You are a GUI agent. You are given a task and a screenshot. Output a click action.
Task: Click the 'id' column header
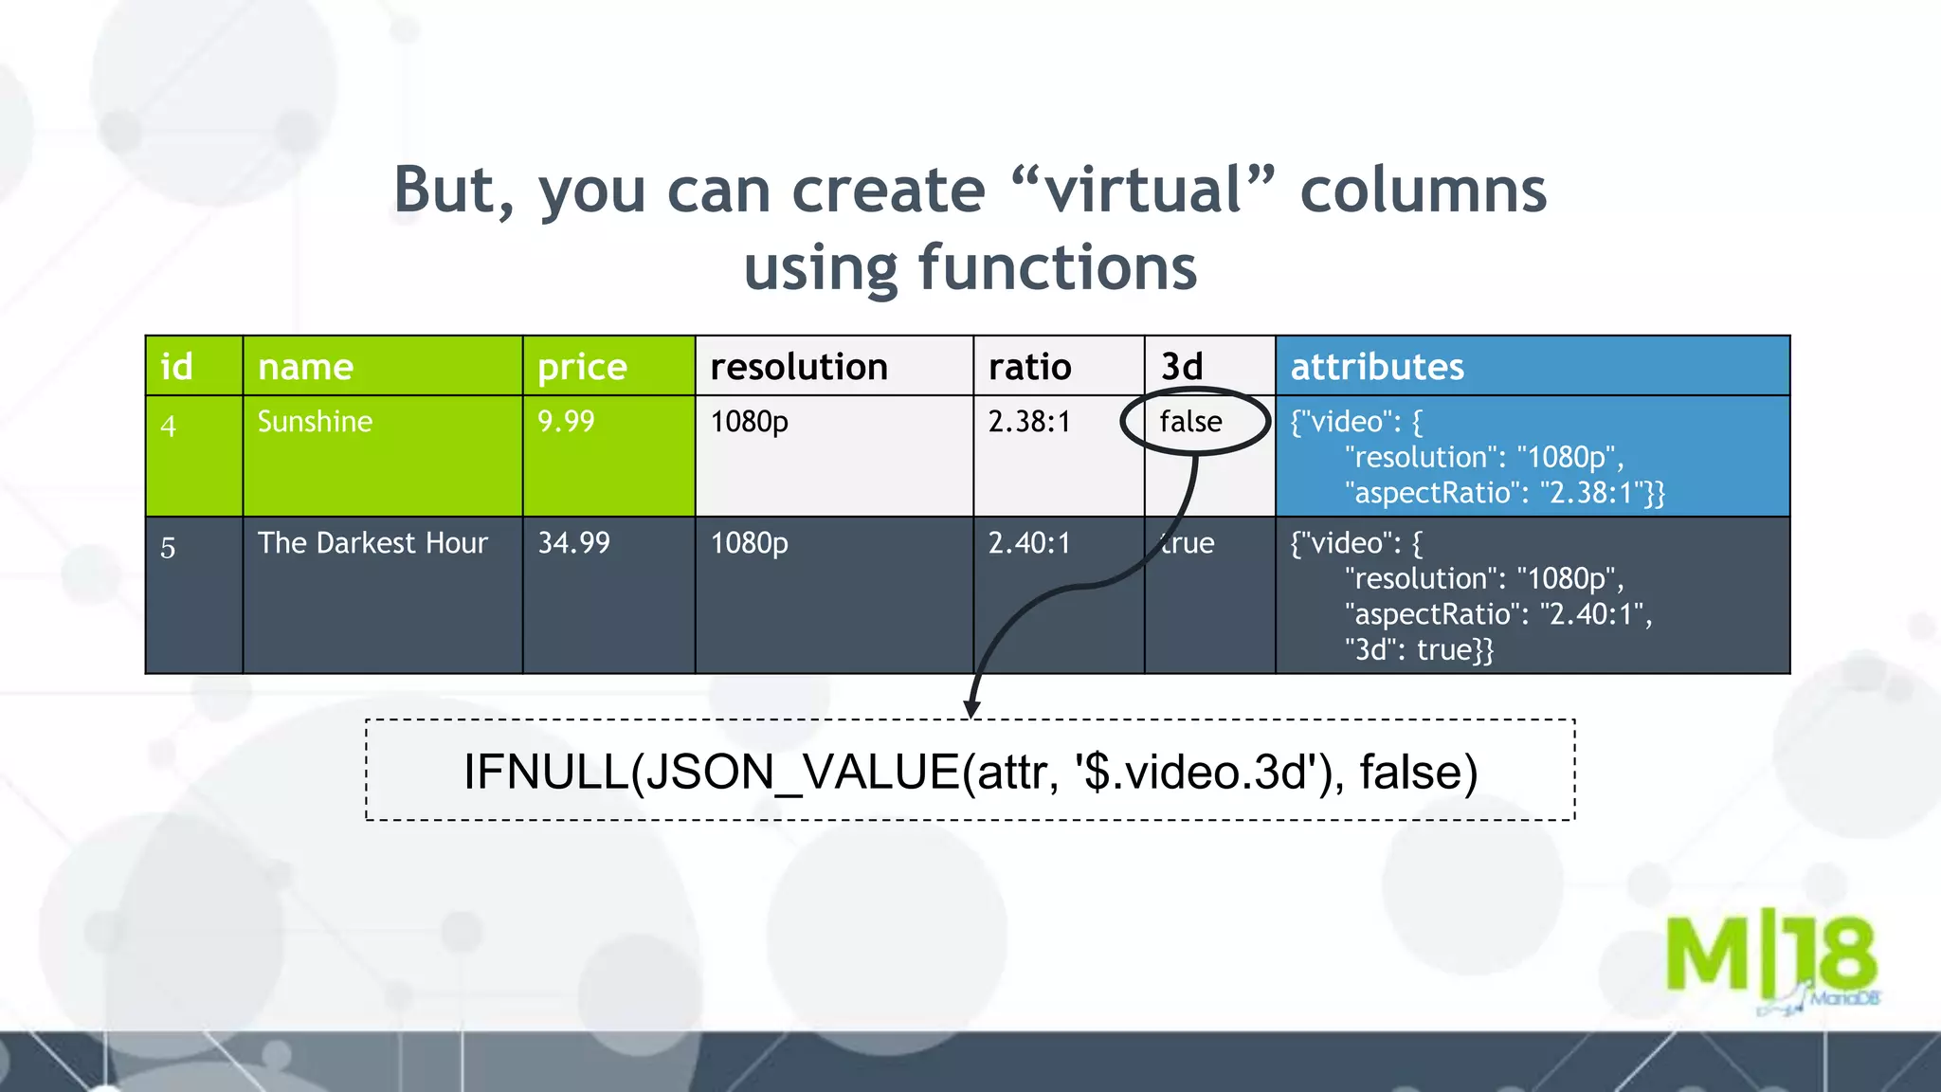pyautogui.click(x=177, y=367)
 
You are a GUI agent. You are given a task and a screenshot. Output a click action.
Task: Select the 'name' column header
pyautogui.click(x=305, y=367)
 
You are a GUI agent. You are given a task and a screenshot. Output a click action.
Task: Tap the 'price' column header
pyautogui.click(x=582, y=367)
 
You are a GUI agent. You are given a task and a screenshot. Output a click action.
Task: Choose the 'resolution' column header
pyautogui.click(x=798, y=367)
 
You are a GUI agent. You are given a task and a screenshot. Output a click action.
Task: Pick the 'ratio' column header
pyautogui.click(x=1029, y=367)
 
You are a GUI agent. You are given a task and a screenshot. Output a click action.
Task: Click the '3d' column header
pyautogui.click(x=1182, y=367)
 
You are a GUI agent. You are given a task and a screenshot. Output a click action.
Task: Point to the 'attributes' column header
pyautogui.click(x=1377, y=367)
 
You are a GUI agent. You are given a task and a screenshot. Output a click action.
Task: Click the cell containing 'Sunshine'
pyautogui.click(x=315, y=422)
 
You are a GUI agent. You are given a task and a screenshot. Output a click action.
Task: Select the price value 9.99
pyautogui.click(x=566, y=422)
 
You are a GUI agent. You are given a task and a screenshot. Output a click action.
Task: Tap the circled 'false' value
pyautogui.click(x=1191, y=422)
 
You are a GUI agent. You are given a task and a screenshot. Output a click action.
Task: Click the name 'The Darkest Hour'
pyautogui.click(x=372, y=543)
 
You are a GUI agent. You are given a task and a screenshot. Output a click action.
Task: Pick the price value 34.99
pyautogui.click(x=573, y=543)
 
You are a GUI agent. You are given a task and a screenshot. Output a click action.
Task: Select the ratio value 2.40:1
pyautogui.click(x=1028, y=543)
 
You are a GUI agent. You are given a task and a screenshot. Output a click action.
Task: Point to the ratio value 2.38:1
pyautogui.click(x=1028, y=422)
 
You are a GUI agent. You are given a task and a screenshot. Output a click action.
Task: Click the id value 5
pyautogui.click(x=168, y=548)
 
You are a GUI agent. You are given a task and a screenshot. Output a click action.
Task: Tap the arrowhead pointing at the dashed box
pyautogui.click(x=971, y=709)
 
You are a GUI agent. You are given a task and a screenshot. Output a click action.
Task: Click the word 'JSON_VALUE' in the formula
pyautogui.click(x=795, y=772)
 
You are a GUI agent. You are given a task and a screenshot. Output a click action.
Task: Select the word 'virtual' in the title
pyautogui.click(x=1144, y=190)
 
